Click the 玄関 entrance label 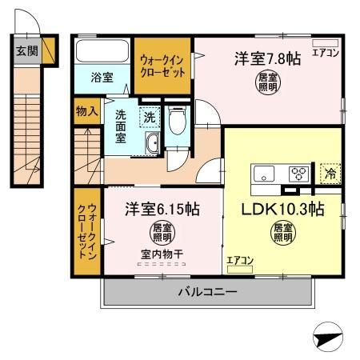tap(26, 51)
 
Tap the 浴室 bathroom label tap(101, 78)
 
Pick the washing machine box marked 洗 tap(149, 117)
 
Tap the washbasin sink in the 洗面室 tap(150, 144)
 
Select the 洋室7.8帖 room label tap(266, 58)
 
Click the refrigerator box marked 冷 tap(328, 171)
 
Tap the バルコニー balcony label tap(206, 293)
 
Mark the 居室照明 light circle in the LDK tap(281, 233)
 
